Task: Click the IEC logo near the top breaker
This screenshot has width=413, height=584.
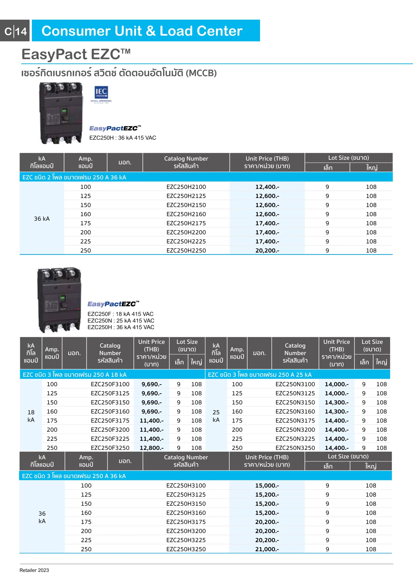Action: point(101,93)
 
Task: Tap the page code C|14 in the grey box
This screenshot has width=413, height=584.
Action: point(16,31)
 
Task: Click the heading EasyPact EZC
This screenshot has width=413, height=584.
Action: point(76,54)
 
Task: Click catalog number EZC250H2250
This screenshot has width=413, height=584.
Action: point(186,250)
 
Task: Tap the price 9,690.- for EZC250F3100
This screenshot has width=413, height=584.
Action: point(151,384)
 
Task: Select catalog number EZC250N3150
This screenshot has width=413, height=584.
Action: point(295,402)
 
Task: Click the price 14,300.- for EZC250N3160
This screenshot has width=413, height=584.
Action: point(336,412)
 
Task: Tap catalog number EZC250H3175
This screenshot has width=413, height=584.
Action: point(186,522)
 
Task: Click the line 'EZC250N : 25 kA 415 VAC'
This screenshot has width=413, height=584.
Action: point(121,321)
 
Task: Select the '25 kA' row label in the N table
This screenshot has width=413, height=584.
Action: point(216,416)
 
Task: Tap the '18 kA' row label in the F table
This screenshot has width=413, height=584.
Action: point(31,416)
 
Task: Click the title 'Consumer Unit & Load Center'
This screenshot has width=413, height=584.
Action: point(142,31)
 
